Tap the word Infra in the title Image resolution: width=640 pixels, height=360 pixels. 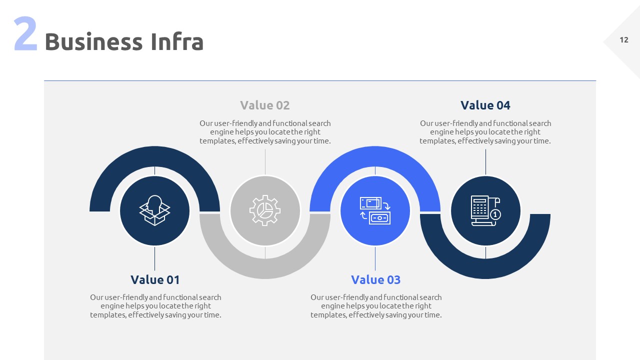pos(170,42)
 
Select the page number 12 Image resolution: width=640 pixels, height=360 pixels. pos(624,40)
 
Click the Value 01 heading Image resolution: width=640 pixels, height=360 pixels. pos(155,279)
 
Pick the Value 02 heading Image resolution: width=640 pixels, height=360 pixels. pos(265,105)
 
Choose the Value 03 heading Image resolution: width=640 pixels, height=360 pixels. pos(375,279)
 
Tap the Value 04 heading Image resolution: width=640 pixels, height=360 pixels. pos(485,105)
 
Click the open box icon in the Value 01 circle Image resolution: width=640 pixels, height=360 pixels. pos(154,210)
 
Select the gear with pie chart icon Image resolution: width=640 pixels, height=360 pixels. pos(265,210)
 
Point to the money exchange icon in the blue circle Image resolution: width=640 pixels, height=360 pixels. pos(375,210)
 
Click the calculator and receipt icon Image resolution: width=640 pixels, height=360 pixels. pos(485,210)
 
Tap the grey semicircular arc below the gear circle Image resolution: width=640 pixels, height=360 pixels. pos(265,268)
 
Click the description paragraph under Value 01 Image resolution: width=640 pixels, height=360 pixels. pos(155,306)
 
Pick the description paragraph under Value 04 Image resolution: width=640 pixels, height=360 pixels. pos(485,132)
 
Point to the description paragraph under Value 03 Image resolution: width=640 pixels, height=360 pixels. pos(376,306)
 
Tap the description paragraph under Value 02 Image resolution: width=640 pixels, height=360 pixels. pos(265,132)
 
